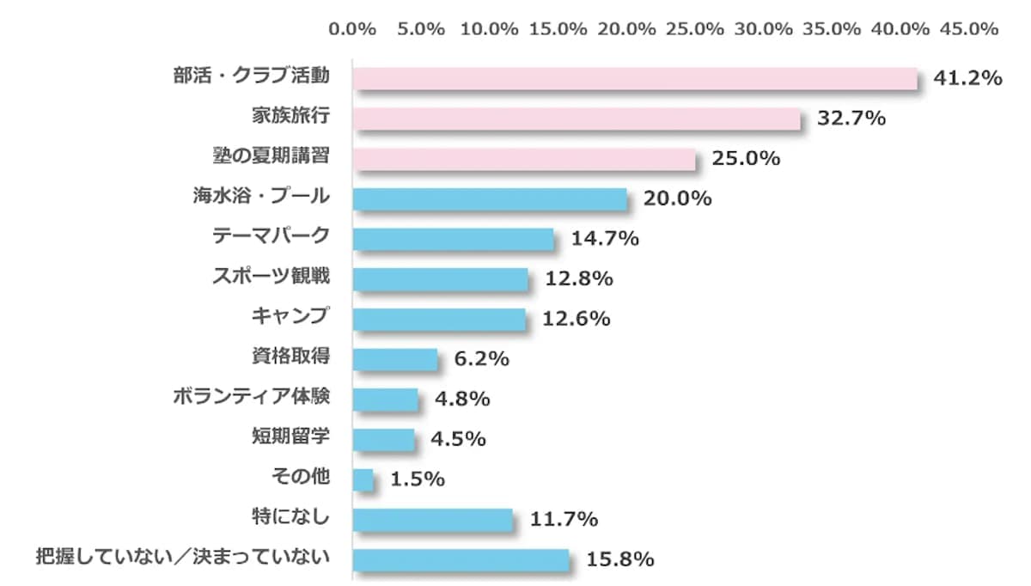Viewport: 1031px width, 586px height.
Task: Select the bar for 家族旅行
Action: [x=577, y=119]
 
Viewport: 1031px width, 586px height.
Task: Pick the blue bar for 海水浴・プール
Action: [x=490, y=199]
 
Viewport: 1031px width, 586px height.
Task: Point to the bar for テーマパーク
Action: [x=454, y=239]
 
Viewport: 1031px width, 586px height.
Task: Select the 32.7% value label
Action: [x=851, y=119]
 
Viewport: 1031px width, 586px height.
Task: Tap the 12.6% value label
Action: [x=577, y=319]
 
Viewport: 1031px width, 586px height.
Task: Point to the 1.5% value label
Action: [x=418, y=479]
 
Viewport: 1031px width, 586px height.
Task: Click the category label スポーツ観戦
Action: [x=271, y=277]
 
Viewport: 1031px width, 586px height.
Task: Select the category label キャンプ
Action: [x=290, y=316]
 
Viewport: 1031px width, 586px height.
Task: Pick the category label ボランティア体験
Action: [x=251, y=397]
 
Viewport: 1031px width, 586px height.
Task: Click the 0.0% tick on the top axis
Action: [x=353, y=28]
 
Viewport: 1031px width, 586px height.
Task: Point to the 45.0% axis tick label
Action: [x=970, y=28]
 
